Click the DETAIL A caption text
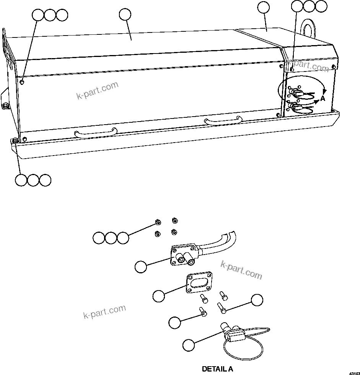tap(217, 369)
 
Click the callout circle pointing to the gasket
tap(158, 295)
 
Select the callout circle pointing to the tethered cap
tap(188, 345)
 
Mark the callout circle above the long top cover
tap(125, 14)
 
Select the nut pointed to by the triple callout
tap(158, 222)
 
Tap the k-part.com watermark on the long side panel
tap(98, 90)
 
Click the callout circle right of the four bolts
tap(257, 300)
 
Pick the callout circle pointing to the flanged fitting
tap(141, 267)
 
